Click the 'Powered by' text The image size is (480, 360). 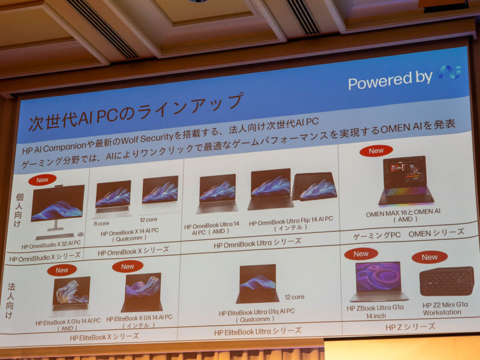pos(390,79)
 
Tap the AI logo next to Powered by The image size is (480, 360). pos(449,73)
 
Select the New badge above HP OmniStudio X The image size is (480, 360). pos(42,179)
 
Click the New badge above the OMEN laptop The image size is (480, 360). pos(376,151)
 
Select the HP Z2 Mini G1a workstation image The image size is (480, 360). pos(446,281)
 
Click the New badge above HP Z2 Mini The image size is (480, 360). pos(430,257)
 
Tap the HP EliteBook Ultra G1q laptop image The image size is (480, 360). pos(257,283)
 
